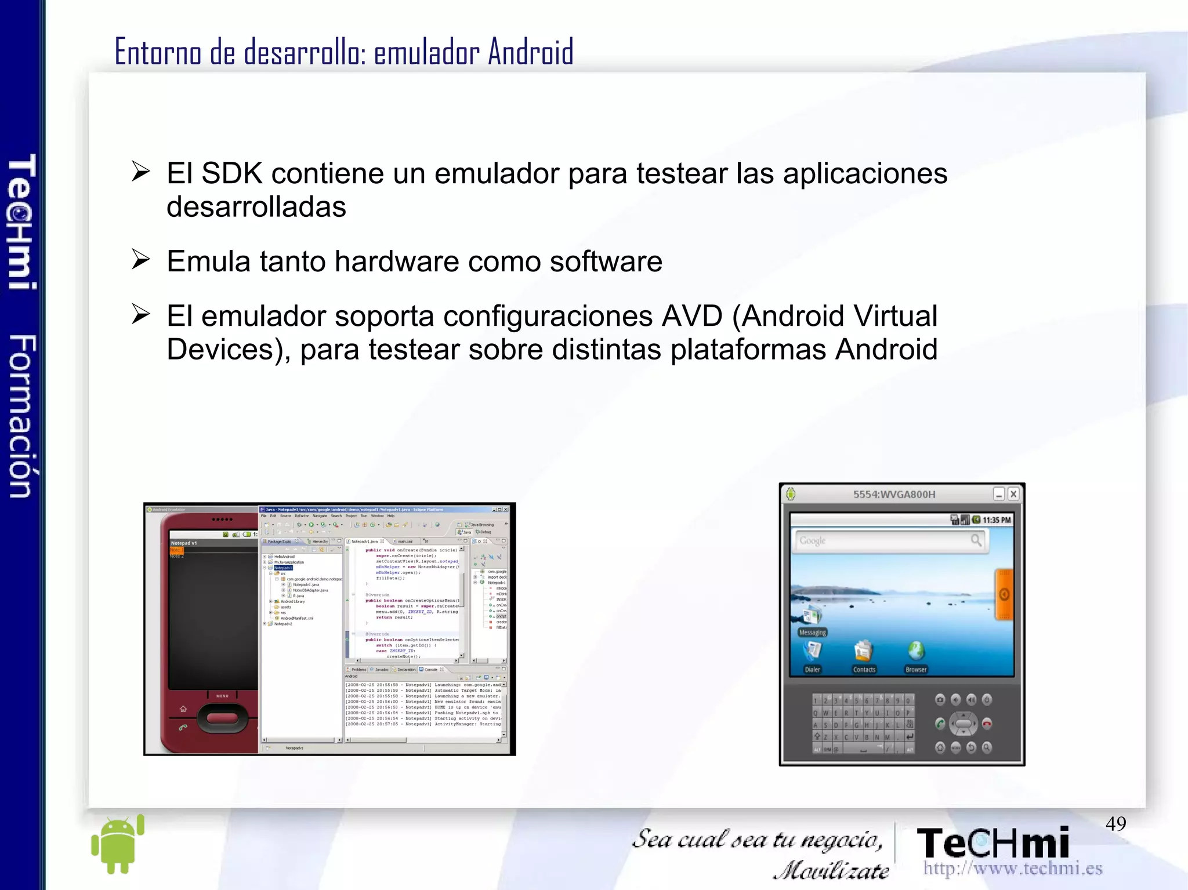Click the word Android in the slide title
530,52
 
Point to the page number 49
1115,823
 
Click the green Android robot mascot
118,844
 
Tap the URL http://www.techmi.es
1012,869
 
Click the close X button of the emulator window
1013,494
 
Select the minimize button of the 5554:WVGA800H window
998,494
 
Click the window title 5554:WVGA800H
894,495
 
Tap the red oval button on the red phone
222,718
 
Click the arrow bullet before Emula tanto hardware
140,259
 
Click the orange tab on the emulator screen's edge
1004,594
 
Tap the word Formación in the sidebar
22,416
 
